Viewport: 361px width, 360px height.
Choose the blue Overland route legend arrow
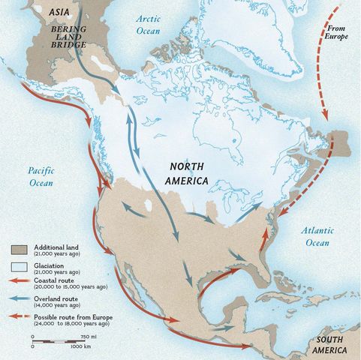20,298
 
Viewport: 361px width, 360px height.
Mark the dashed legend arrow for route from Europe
20,316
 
